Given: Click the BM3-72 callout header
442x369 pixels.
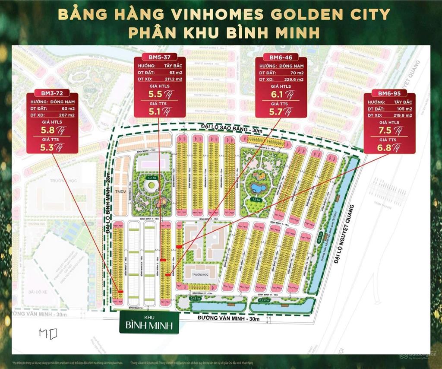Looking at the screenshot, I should coord(52,93).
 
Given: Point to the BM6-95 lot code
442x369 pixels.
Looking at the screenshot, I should coord(389,94).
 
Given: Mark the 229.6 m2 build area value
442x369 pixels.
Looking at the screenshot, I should coord(294,80).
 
